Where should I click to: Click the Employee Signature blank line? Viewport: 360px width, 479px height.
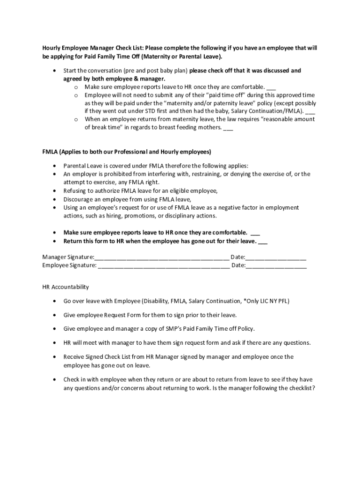(x=164, y=266)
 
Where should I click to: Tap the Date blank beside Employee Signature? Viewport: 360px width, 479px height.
(x=276, y=266)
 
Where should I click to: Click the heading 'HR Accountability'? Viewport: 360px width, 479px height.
(x=65, y=287)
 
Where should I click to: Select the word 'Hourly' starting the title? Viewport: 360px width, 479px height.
(x=52, y=48)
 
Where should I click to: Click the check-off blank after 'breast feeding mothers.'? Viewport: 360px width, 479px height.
(x=228, y=128)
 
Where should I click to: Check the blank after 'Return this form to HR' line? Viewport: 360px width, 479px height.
(x=263, y=241)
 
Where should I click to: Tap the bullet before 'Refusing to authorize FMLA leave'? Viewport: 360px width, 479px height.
(x=55, y=191)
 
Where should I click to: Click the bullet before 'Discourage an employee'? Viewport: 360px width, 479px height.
(x=55, y=199)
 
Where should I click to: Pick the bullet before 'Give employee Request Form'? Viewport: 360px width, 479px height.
(x=55, y=315)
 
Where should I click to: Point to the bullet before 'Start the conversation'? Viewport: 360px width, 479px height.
(x=55, y=71)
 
